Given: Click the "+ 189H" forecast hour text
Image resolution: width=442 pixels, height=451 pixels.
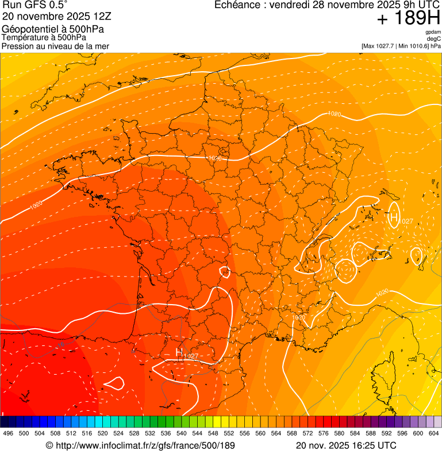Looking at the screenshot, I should (409, 19).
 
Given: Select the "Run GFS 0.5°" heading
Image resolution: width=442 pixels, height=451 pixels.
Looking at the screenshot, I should (34, 6).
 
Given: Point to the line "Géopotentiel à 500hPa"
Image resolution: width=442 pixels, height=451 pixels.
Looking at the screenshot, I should (53, 29).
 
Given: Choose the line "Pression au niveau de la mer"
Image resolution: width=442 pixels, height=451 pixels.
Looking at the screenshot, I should (55, 46).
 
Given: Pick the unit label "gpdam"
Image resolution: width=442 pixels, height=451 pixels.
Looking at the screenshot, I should (433, 32).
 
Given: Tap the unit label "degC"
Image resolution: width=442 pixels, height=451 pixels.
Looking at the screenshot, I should (434, 38).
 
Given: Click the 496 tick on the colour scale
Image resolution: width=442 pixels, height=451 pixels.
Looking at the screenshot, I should (8, 433).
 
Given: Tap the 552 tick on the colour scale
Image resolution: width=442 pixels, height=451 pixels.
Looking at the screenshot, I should (229, 433).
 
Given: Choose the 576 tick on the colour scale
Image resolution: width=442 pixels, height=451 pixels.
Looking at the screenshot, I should (324, 433).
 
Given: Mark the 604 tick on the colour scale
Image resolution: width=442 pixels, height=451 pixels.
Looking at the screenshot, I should (434, 433).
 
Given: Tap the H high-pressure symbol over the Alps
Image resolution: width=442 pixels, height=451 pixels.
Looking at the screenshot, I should (394, 217).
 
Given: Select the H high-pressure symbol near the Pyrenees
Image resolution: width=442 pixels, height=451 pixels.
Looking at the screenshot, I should (179, 351).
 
